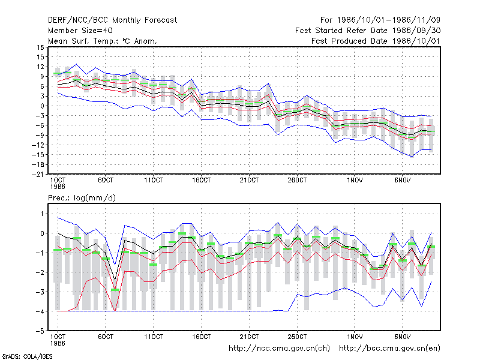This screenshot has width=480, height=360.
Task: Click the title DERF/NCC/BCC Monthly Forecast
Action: [112, 20]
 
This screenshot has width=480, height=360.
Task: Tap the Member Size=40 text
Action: [80, 31]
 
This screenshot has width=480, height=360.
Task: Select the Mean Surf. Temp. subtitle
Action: [102, 41]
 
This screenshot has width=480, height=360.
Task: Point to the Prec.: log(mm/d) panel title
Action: [82, 198]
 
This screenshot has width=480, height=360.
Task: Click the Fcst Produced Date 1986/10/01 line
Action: [376, 41]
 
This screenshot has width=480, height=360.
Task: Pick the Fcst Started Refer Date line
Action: [368, 31]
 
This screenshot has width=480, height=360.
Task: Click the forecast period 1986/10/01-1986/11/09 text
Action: [380, 20]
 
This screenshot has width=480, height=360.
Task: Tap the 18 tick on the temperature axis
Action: [41, 47]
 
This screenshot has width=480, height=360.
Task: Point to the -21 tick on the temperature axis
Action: [38, 175]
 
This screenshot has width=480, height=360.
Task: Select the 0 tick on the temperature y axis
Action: [42, 106]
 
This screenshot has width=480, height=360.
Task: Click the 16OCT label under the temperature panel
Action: [202, 181]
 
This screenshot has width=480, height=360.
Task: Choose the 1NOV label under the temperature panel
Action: [355, 181]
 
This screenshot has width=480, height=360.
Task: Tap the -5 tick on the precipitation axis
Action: [40, 331]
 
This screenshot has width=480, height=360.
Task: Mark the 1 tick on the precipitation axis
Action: [42, 214]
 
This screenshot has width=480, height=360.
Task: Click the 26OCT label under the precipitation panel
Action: [297, 337]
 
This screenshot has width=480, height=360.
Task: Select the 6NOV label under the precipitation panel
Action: [402, 337]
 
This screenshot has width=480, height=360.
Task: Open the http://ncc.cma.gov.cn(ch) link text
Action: [279, 349]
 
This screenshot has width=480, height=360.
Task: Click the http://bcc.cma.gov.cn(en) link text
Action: [389, 349]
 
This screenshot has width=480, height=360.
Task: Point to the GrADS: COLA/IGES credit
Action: [27, 356]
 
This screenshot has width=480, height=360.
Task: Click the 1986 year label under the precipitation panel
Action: [58, 343]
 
